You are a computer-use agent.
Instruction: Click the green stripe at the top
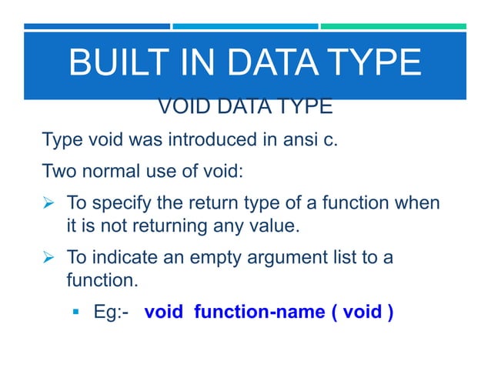pyautogui.click(x=392, y=26)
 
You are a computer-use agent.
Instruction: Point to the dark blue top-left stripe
pyautogui.click(x=96, y=26)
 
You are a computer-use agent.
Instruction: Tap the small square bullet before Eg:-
pyautogui.click(x=77, y=314)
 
